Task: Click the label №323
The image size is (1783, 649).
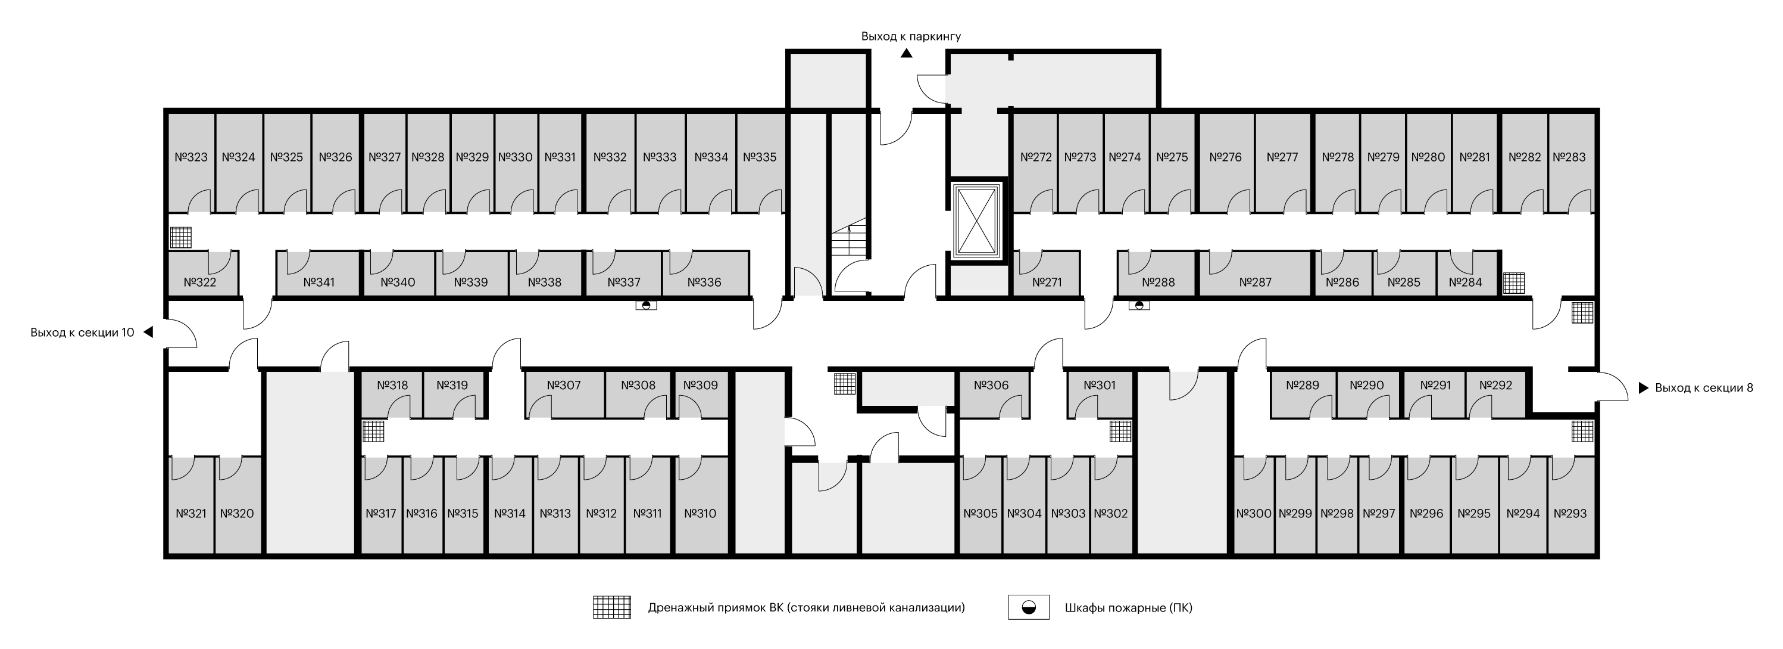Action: pyautogui.click(x=191, y=157)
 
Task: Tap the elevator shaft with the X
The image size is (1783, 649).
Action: pyautogui.click(x=977, y=222)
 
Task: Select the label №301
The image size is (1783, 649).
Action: pyautogui.click(x=1099, y=385)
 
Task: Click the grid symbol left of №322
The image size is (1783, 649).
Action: pyautogui.click(x=180, y=238)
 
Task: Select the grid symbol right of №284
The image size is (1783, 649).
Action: pyautogui.click(x=1514, y=283)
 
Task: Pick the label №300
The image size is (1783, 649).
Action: pyautogui.click(x=1254, y=513)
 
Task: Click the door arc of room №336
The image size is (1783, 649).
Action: pyautogui.click(x=680, y=260)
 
